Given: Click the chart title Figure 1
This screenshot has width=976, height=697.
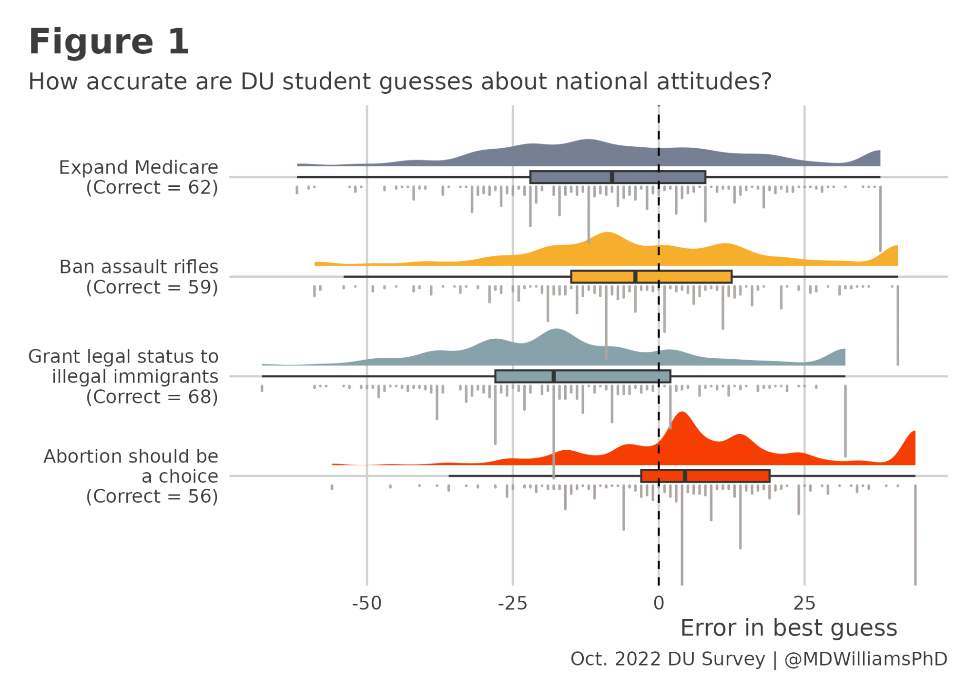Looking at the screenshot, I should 109,42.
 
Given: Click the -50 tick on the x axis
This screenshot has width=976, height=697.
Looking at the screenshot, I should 366,603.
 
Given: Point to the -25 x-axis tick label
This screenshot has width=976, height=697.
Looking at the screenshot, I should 512,603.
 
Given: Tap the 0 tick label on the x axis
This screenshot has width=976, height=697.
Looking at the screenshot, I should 658,603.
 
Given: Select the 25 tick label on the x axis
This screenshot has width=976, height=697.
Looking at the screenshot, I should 804,603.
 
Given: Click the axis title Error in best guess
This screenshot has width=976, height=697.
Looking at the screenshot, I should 788,628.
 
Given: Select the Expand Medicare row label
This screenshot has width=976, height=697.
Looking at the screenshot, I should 138,177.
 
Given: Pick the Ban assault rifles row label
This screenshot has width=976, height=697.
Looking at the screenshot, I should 138,277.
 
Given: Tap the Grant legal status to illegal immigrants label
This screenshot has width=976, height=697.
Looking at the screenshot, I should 123,376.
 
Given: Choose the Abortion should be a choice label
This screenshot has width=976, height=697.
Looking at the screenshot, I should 131,476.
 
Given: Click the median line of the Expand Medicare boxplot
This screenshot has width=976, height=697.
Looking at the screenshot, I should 612,177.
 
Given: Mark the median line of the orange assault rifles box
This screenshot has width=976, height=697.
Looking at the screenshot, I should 635,277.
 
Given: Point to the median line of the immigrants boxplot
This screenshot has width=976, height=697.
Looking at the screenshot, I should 553,376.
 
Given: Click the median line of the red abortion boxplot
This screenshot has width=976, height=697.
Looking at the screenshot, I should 685,476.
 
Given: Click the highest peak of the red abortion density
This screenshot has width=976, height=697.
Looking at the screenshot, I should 682,413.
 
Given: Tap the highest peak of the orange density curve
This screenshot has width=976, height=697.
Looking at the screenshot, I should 607,233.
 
